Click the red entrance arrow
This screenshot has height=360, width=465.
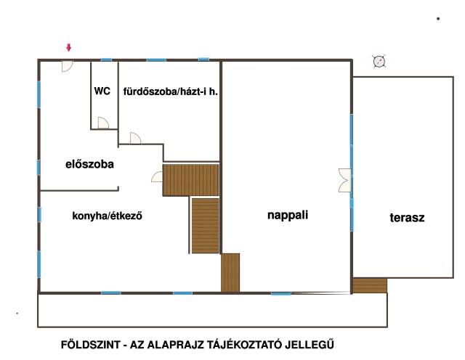(x=69, y=47)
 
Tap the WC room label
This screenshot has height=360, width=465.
(x=102, y=91)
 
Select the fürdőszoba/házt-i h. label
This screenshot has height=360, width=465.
(x=171, y=91)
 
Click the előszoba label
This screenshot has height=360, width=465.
(x=89, y=164)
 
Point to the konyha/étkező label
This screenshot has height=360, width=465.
(x=107, y=216)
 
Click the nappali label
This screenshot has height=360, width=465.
(x=288, y=215)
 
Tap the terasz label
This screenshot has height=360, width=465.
(x=407, y=218)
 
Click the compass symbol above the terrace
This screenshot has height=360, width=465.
(x=379, y=62)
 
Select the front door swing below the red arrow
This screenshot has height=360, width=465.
(x=67, y=66)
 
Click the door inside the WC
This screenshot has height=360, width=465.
(x=103, y=123)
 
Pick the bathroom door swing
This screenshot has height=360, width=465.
(x=135, y=139)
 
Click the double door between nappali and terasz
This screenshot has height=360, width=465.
(x=344, y=181)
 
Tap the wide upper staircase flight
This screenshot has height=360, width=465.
(x=190, y=180)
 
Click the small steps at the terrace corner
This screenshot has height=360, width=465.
(x=370, y=285)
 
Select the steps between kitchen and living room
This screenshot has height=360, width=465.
(x=230, y=273)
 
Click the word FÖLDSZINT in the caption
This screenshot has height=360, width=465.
(x=91, y=345)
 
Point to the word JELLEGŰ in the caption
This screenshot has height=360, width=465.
(x=310, y=345)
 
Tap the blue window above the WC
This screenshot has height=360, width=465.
(x=107, y=60)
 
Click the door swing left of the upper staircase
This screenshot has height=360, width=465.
(x=157, y=176)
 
